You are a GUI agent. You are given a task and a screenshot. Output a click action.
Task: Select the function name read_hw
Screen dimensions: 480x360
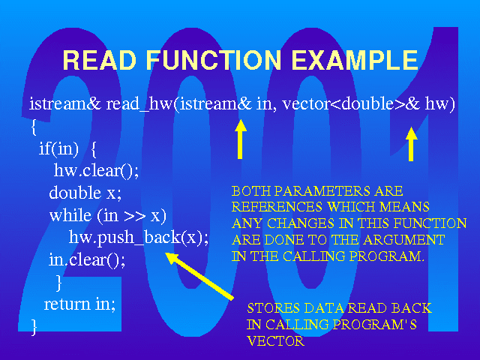pyautogui.click(x=139, y=104)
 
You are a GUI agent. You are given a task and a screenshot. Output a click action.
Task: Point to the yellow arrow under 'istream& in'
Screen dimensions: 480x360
pyautogui.click(x=241, y=139)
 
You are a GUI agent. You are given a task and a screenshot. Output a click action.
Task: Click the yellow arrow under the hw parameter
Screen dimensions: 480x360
pyautogui.click(x=411, y=144)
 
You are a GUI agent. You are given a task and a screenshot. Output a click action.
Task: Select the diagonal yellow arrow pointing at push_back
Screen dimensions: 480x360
pyautogui.click(x=199, y=275)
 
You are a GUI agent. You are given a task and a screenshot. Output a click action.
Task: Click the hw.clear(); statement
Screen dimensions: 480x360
pyautogui.click(x=96, y=170)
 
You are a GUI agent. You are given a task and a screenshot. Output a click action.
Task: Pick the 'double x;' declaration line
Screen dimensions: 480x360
pyautogui.click(x=85, y=193)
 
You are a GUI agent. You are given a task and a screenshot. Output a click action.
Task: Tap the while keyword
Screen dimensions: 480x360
pyautogui.click(x=70, y=215)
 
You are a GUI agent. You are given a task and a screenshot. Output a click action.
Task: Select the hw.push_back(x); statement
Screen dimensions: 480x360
pyautogui.click(x=139, y=238)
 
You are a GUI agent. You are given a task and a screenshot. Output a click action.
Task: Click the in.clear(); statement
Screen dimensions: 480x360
pyautogui.click(x=87, y=260)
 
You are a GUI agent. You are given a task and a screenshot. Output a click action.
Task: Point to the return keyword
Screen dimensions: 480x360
pyautogui.click(x=67, y=304)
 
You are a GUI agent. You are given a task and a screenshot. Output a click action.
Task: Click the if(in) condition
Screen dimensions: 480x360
pyautogui.click(x=58, y=149)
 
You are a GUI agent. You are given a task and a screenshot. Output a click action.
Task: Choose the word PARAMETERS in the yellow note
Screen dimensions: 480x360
pyautogui.click(x=322, y=191)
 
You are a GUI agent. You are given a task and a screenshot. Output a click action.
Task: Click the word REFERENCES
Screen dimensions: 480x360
pyautogui.click(x=277, y=207)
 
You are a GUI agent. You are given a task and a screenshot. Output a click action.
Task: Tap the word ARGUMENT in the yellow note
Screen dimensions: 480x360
pyautogui.click(x=404, y=240)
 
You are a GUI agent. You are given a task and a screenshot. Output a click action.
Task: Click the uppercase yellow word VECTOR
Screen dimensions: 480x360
pyautogui.click(x=276, y=341)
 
